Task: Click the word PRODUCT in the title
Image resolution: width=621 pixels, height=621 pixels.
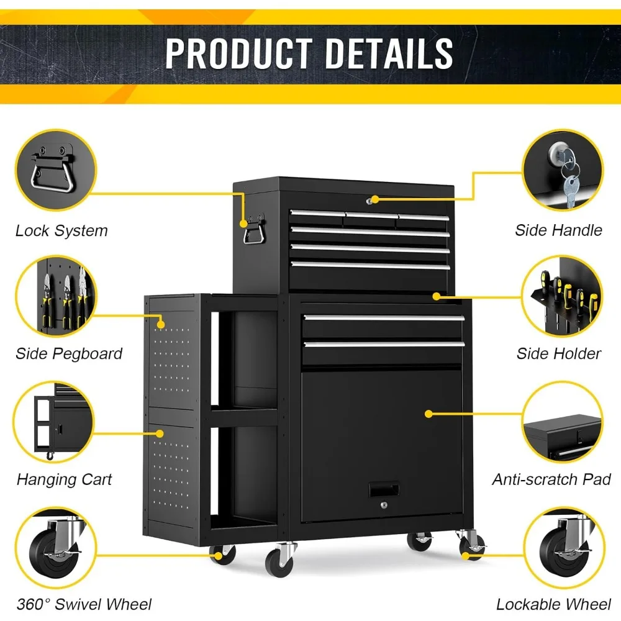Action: point(239,53)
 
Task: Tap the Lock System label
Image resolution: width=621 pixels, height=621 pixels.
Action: point(61,231)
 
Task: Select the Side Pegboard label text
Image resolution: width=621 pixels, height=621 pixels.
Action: point(69,354)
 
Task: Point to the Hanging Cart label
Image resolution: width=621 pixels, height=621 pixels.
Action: point(65,479)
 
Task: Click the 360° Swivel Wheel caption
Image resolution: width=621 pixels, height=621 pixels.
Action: point(84,604)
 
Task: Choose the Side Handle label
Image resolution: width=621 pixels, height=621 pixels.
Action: point(558,230)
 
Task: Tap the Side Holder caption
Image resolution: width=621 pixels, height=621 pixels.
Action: point(558,354)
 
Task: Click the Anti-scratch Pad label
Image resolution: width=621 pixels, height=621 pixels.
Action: point(551,479)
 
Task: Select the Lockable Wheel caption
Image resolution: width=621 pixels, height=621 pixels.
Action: point(553,604)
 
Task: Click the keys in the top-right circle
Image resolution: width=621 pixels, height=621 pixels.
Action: point(568,174)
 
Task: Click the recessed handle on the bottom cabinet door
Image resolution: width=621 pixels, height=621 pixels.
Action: point(384,490)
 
